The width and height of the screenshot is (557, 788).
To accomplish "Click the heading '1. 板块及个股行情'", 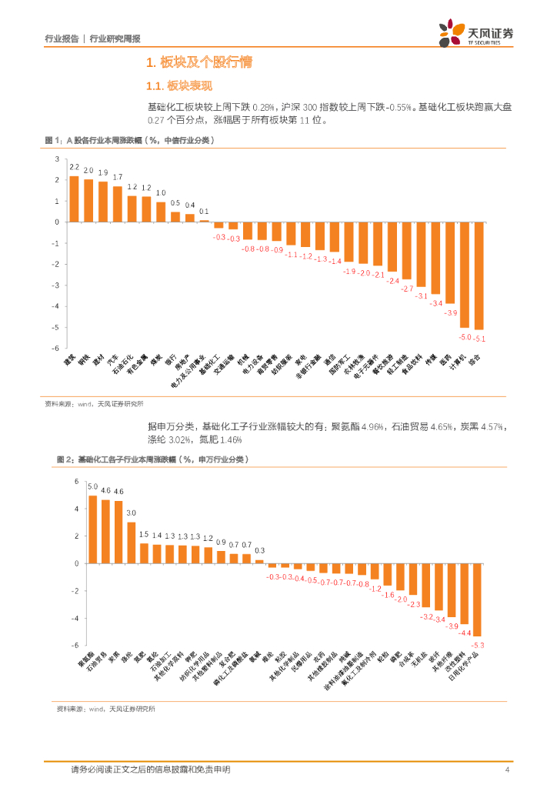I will coord(199,62).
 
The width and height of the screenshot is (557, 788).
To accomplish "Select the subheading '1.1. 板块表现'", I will coord(178,85).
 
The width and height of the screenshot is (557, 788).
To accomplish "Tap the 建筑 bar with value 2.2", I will coord(74,199).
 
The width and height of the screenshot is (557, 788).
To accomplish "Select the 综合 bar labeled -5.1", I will coord(479,275).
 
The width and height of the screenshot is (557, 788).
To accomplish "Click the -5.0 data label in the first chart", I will coord(465,337).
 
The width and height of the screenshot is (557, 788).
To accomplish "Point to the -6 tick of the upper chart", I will coord(57,349).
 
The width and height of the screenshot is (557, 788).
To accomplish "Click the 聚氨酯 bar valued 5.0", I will coord(92,529).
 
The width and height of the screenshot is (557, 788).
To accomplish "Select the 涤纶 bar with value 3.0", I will coord(131,543).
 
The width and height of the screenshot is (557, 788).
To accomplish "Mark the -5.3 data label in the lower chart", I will coord(477,644).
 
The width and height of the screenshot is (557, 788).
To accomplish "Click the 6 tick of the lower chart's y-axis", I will coord(76,482).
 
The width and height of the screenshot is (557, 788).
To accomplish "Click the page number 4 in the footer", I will coord(507,770).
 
